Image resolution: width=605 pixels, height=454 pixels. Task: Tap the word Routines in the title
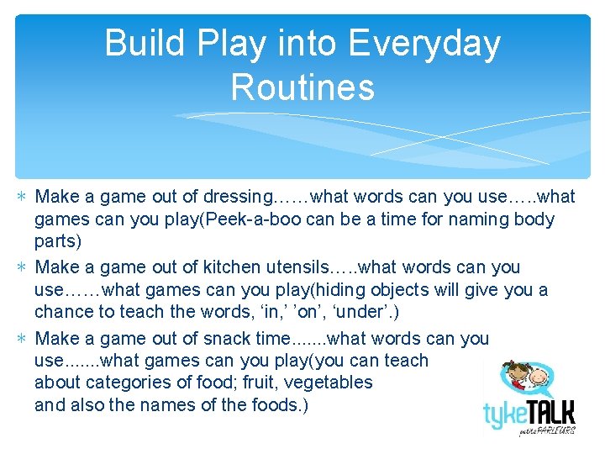point(302,87)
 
